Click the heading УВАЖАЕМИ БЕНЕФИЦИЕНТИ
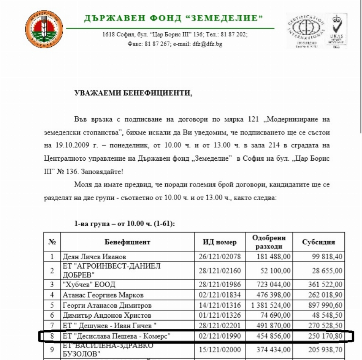134,93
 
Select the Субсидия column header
319,242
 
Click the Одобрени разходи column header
269,242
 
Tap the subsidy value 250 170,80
326,335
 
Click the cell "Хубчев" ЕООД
89,285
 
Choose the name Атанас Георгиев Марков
103,295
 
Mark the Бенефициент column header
128,242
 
